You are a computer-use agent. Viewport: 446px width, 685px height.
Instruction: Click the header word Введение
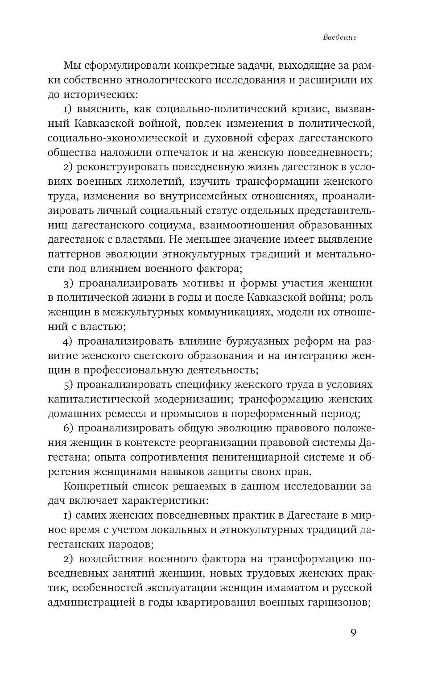click(339, 37)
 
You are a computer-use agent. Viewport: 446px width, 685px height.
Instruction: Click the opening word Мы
click(73, 66)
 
